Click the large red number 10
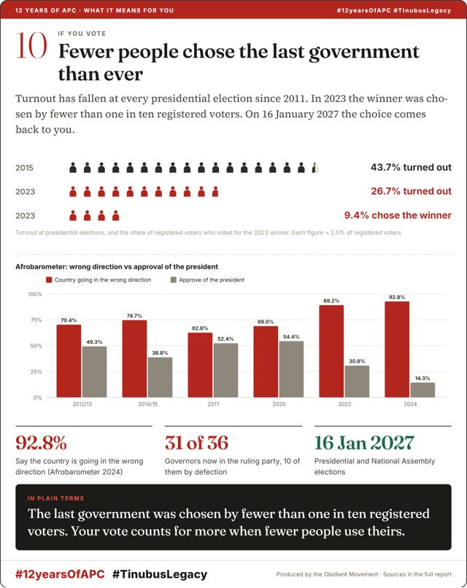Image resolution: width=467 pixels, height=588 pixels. [x=31, y=45]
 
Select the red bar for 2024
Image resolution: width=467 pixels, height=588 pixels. [x=397, y=349]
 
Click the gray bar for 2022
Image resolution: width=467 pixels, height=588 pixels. [x=357, y=382]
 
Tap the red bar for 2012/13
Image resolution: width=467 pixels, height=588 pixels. [x=69, y=361]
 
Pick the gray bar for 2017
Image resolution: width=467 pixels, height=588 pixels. [x=225, y=371]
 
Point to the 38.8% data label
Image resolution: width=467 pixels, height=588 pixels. [x=160, y=353]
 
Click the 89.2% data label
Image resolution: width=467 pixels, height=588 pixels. [x=331, y=301]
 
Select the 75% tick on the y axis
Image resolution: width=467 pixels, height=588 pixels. [x=36, y=320]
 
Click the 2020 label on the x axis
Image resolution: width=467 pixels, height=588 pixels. [x=279, y=404]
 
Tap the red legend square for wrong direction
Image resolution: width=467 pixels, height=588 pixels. [x=49, y=279]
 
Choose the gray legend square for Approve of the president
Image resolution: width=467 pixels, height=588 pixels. [x=173, y=279]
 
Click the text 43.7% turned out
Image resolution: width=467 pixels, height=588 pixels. [x=411, y=167]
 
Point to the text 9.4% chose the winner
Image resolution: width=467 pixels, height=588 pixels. [x=398, y=215]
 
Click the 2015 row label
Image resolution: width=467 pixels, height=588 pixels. [x=24, y=168]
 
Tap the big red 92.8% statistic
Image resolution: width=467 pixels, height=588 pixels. [x=41, y=443]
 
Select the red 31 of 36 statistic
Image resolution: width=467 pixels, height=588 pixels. [x=196, y=443]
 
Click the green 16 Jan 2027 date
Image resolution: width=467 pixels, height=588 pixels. [x=364, y=443]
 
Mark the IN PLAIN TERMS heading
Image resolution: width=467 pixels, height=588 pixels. [x=55, y=498]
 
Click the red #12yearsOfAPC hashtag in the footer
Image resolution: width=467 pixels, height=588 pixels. [x=60, y=574]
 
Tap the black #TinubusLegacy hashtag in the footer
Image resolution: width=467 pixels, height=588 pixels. [x=160, y=574]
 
